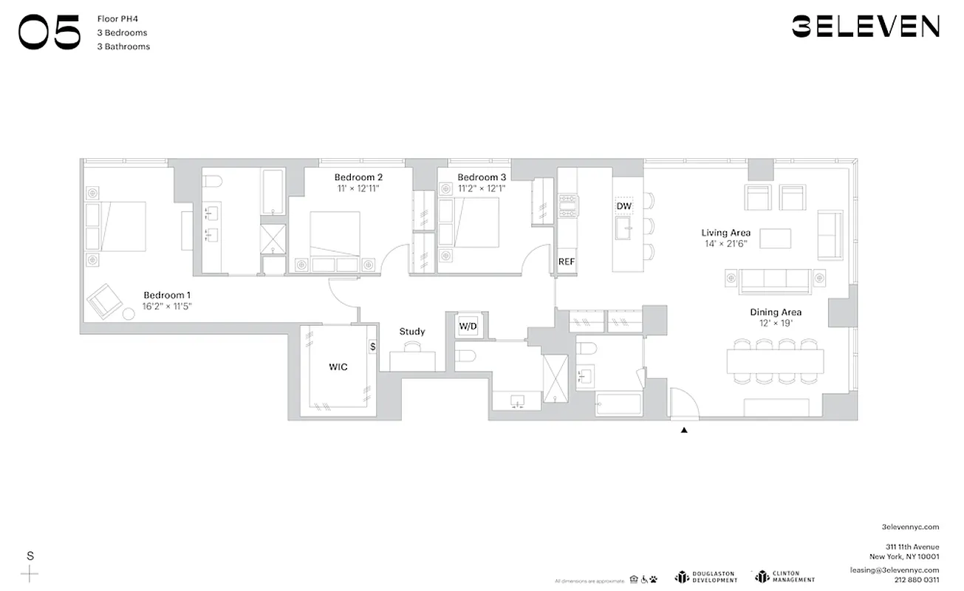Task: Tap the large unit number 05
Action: pyautogui.click(x=49, y=34)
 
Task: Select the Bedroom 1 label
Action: pyautogui.click(x=167, y=295)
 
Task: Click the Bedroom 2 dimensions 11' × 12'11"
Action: pyautogui.click(x=358, y=189)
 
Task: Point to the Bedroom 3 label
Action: pyautogui.click(x=482, y=177)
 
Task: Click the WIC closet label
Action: pyautogui.click(x=338, y=366)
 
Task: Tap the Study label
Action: pyautogui.click(x=412, y=332)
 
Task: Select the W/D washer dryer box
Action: pyautogui.click(x=468, y=326)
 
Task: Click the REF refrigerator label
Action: pyautogui.click(x=567, y=262)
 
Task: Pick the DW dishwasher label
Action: pyautogui.click(x=624, y=206)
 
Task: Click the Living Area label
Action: pyautogui.click(x=725, y=233)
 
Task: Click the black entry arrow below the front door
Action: pyautogui.click(x=684, y=429)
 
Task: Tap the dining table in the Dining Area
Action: pyautogui.click(x=775, y=361)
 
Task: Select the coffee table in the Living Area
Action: pyautogui.click(x=776, y=239)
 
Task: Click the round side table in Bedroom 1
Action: pyautogui.click(x=129, y=314)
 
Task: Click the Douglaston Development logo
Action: pyautogui.click(x=706, y=577)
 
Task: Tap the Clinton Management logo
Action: pyautogui.click(x=784, y=577)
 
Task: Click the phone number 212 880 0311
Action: pyautogui.click(x=917, y=580)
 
